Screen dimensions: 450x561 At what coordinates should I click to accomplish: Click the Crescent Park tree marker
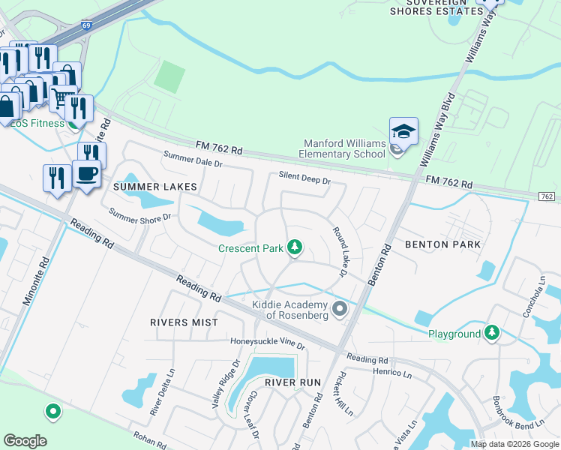point(295,247)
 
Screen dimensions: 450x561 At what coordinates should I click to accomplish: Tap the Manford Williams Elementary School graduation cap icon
point(403,132)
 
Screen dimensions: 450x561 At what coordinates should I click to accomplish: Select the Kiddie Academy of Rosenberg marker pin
point(340,308)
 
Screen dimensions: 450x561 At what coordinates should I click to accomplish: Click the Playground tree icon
point(492,332)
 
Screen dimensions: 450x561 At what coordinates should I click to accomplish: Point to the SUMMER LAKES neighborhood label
point(155,186)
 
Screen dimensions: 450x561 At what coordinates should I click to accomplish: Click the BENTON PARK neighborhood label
point(442,244)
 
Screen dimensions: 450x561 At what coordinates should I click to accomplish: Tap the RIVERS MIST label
point(184,322)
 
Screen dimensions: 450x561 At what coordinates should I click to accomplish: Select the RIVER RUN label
point(292,382)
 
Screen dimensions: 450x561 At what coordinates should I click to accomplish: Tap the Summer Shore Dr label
point(140,215)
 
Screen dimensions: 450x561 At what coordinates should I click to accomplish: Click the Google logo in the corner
point(25,441)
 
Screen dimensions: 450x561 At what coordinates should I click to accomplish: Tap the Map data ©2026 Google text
point(514,444)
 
